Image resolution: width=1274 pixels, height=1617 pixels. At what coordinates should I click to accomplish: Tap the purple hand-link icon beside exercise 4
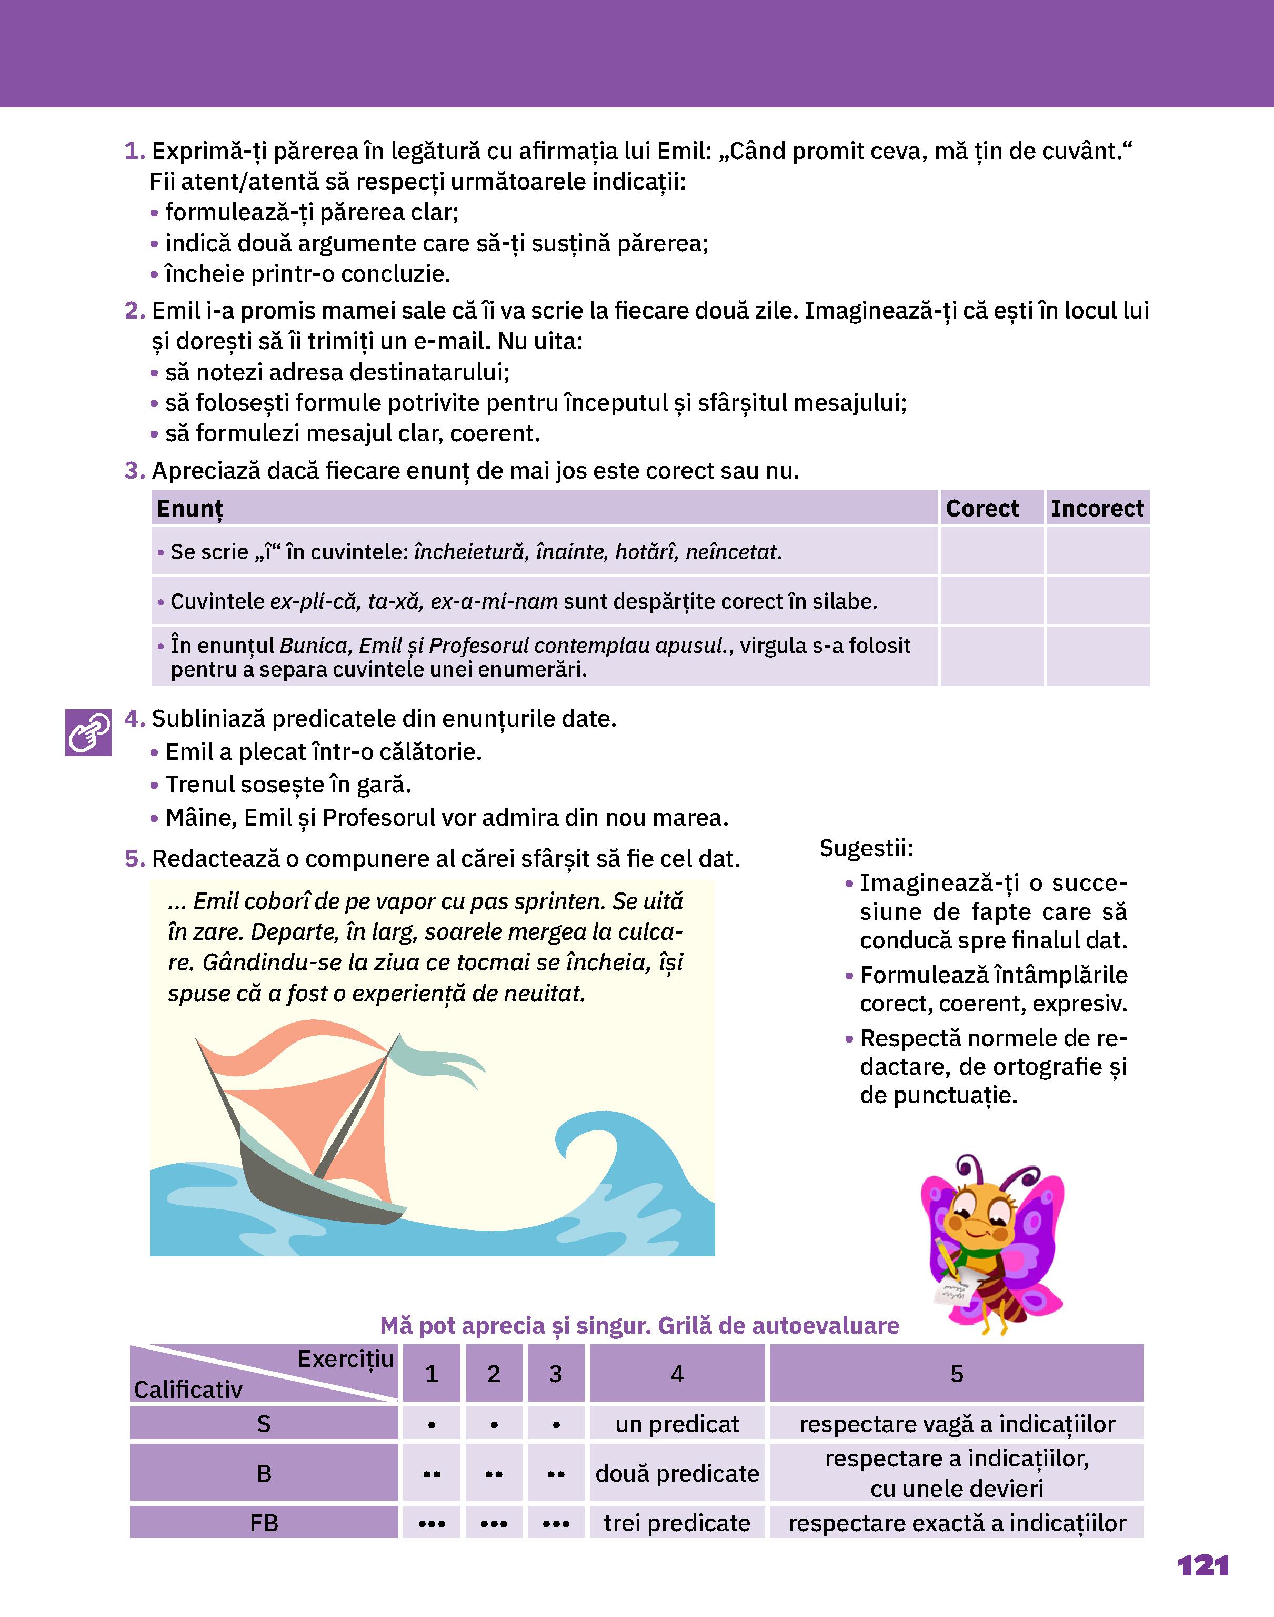click(x=88, y=732)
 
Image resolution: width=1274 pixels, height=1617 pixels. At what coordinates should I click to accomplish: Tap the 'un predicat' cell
click(x=677, y=1424)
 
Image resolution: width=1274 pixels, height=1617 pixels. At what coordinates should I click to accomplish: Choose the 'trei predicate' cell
click(x=677, y=1523)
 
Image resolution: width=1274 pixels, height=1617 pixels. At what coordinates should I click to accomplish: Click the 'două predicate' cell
click(x=677, y=1473)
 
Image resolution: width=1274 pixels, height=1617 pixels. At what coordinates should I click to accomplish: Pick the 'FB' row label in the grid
click(x=264, y=1523)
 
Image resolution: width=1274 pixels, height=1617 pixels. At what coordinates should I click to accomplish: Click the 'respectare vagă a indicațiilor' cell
click(x=956, y=1424)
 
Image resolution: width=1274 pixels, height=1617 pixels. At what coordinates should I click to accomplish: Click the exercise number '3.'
click(x=134, y=471)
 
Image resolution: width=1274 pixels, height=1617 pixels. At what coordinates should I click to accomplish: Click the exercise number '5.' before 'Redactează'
click(x=134, y=859)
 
